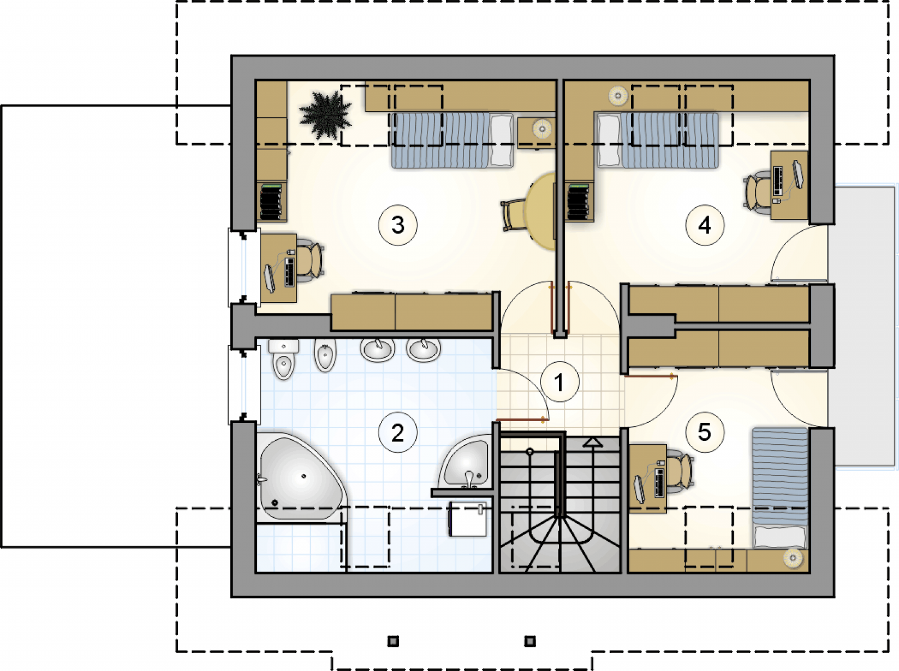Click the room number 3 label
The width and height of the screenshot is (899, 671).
click(398, 225)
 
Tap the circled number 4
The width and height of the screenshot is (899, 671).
click(705, 225)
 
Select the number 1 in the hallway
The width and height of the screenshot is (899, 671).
click(560, 382)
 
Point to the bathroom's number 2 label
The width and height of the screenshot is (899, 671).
click(398, 432)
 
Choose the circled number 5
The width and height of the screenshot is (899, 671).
click(705, 432)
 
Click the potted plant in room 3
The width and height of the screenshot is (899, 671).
click(325, 115)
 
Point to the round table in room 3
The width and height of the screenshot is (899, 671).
click(541, 211)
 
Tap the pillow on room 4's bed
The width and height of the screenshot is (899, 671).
click(609, 140)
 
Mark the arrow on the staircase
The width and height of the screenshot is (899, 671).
click(593, 443)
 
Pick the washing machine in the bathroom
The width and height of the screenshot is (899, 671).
click(467, 519)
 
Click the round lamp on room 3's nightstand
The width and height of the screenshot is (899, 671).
click(542, 129)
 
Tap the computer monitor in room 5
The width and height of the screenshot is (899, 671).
click(639, 489)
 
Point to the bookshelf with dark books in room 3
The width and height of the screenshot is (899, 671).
click(272, 202)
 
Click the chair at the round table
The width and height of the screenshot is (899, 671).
click(513, 214)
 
